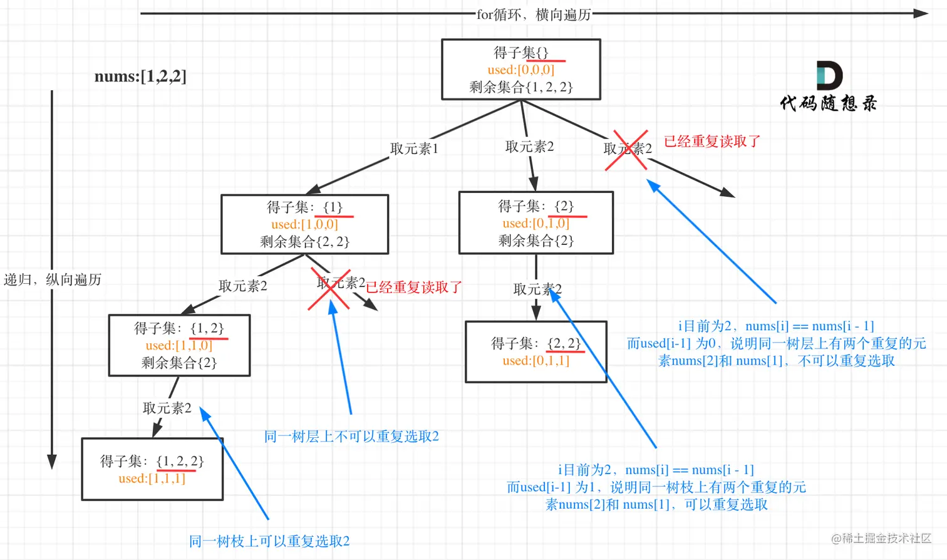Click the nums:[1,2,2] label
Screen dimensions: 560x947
[140, 76]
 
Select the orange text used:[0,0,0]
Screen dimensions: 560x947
[521, 70]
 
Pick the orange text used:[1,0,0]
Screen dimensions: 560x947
[304, 224]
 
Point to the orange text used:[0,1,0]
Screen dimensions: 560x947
[536, 223]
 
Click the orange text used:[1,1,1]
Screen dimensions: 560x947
[152, 479]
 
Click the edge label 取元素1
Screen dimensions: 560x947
[414, 148]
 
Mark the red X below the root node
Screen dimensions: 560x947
[626, 150]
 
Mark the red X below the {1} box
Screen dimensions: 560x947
[329, 289]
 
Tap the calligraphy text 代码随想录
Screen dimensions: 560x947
[828, 103]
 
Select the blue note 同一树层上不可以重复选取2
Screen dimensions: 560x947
[351, 437]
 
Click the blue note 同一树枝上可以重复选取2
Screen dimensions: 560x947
[269, 541]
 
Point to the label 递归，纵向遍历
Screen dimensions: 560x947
[53, 279]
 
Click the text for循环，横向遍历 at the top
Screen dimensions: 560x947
[534, 14]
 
